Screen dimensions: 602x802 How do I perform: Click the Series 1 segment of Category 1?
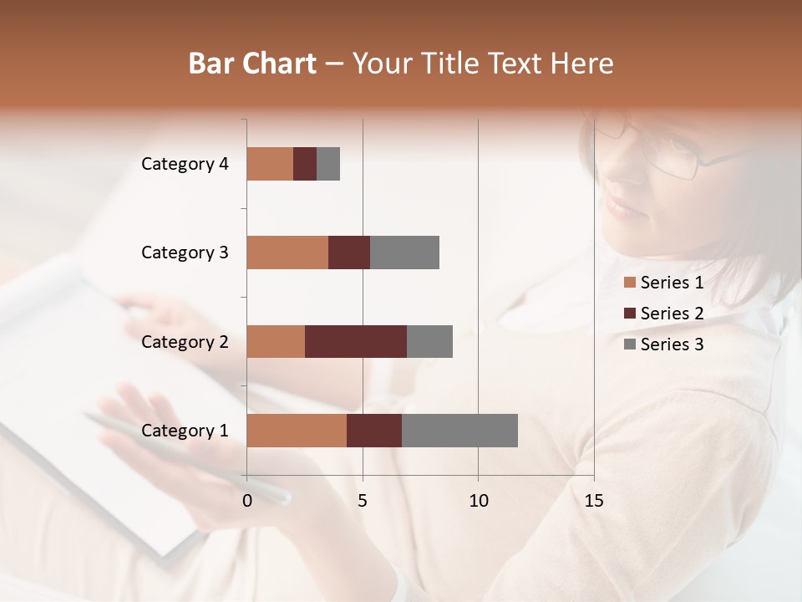pos(297,431)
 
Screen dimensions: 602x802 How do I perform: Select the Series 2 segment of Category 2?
pos(356,341)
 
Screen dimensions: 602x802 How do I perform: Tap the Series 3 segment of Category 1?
pos(459,431)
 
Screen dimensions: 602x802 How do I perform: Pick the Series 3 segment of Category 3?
pos(404,253)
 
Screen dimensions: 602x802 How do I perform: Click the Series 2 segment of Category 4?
pos(305,164)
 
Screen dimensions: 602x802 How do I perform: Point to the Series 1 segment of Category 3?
pos(287,253)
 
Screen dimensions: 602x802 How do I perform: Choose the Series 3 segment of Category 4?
pos(328,164)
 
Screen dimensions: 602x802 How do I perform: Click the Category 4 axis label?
pos(185,164)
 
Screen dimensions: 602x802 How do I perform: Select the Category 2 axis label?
pos(185,341)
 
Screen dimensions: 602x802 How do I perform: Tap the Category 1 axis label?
pos(185,431)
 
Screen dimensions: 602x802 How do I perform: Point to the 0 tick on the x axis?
pos(247,500)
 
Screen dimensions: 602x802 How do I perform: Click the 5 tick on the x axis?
pos(363,500)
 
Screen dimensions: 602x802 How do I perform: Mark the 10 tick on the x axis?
pos(478,500)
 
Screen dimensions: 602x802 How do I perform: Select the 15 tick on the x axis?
pos(593,500)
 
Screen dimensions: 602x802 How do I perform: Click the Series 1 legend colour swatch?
pos(630,283)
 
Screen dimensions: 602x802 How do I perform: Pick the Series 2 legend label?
pos(672,314)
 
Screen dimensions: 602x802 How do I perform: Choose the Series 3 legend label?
pos(672,344)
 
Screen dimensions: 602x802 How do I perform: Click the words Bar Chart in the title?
pos(252,64)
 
